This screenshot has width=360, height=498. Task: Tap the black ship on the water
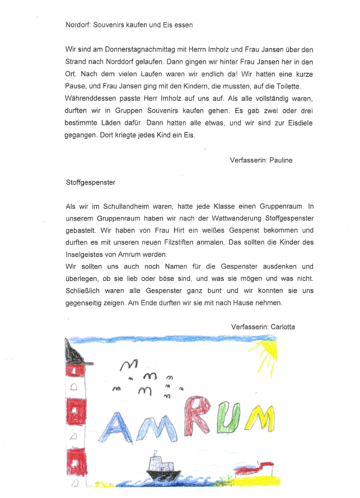click(161, 467)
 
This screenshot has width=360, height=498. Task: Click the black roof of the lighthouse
click(73, 352)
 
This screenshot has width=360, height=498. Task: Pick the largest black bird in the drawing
click(128, 365)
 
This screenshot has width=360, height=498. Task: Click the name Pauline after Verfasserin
click(279, 160)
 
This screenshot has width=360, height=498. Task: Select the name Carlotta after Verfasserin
click(282, 326)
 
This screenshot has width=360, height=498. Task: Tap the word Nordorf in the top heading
click(77, 25)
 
